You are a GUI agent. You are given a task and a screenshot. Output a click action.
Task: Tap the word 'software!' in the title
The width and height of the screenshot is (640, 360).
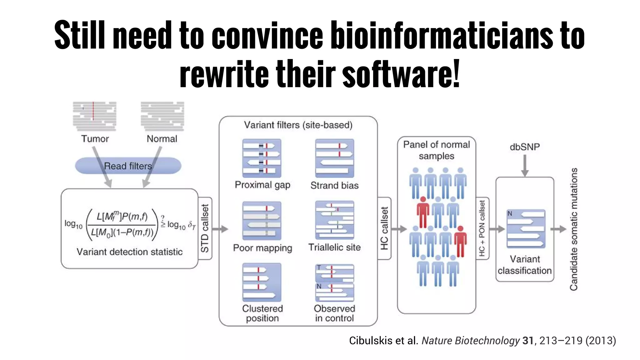point(401,74)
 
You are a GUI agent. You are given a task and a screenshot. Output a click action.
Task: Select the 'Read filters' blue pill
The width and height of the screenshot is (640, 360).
point(128,166)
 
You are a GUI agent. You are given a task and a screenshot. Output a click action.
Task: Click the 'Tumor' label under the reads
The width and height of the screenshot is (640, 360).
point(95,139)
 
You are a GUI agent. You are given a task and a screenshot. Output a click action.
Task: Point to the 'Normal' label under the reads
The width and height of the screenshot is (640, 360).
point(162,139)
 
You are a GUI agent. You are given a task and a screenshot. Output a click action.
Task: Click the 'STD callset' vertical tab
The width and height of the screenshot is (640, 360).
point(205,228)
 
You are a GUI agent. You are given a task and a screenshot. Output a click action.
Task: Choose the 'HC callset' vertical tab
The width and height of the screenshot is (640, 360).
point(384,228)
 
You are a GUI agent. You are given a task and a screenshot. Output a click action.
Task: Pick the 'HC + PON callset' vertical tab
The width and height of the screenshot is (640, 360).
point(482,228)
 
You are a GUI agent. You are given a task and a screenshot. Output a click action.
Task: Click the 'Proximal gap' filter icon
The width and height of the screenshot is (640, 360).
point(262,158)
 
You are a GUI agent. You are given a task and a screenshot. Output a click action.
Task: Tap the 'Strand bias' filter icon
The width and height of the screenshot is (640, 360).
point(335,158)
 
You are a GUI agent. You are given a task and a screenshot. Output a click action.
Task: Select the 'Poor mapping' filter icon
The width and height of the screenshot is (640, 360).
point(262,221)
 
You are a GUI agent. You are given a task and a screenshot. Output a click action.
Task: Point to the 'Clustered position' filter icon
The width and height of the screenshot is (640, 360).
point(262,282)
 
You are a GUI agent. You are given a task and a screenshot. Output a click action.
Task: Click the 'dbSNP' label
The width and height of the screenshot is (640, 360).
point(525,147)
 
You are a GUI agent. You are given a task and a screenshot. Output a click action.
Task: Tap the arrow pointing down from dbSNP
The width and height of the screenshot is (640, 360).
point(525,166)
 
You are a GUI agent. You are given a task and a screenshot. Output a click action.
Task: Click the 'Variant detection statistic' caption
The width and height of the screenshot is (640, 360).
point(130,252)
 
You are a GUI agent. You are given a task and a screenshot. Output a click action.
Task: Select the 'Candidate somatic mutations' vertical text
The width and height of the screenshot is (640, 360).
point(574,229)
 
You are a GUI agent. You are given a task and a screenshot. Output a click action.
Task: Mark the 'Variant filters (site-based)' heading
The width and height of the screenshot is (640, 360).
point(298,125)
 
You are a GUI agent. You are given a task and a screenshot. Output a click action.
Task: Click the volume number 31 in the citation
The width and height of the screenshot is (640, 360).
point(528,340)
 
